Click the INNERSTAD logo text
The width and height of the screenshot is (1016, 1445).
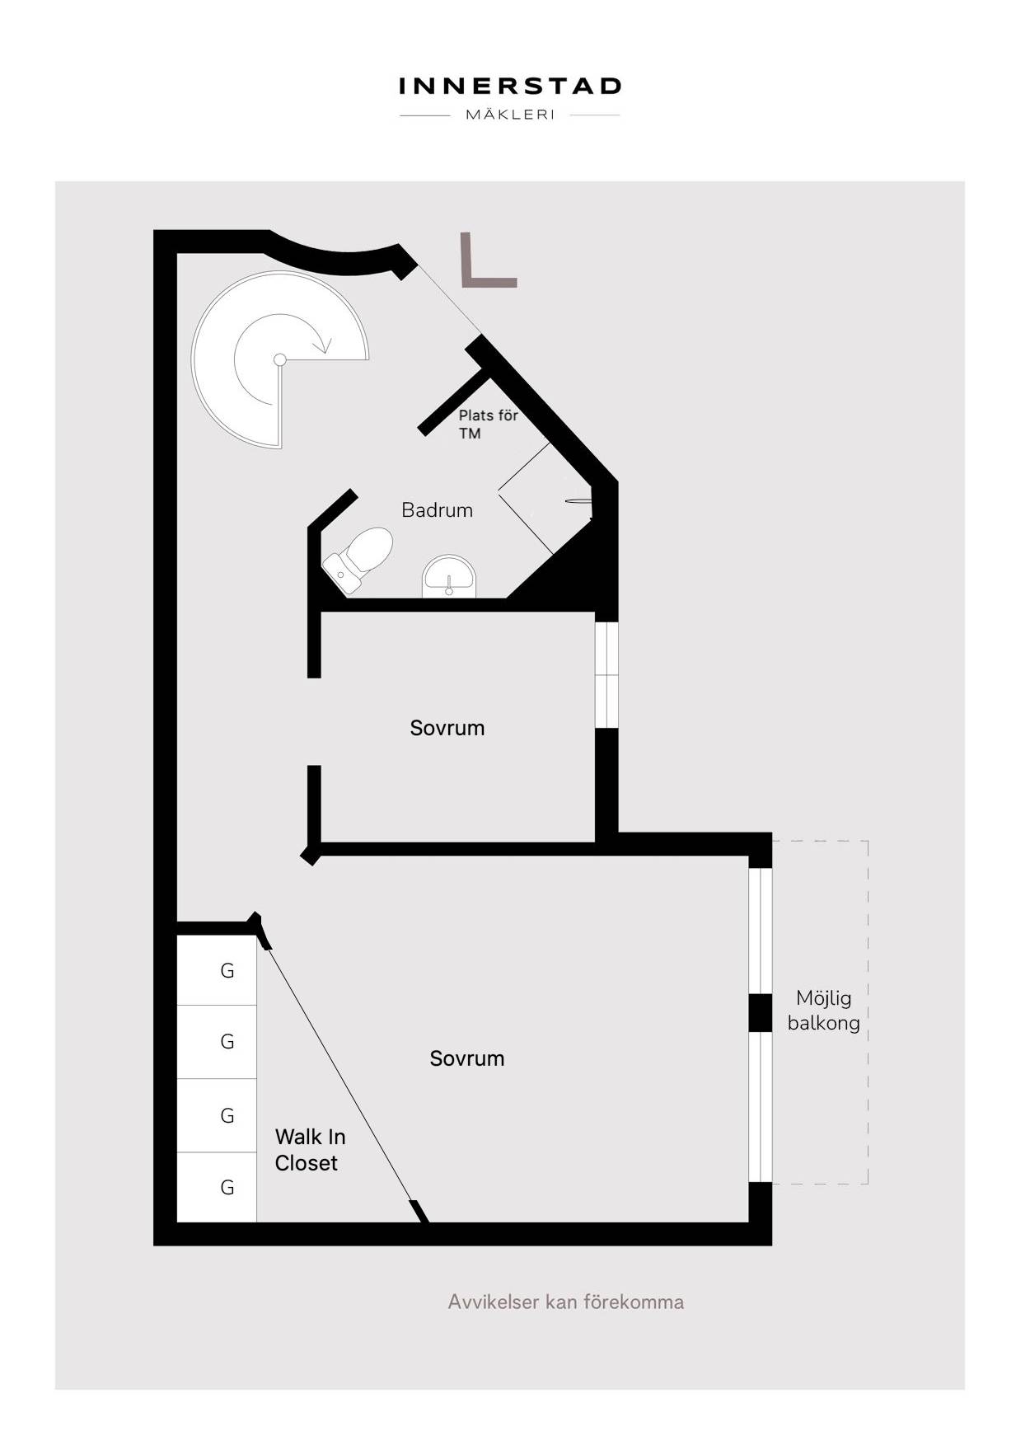tap(509, 87)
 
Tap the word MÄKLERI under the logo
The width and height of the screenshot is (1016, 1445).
tap(510, 115)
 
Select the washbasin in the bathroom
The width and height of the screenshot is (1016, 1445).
tap(449, 576)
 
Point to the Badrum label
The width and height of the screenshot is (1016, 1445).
tap(437, 510)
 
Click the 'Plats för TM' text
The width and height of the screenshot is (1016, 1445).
tap(488, 424)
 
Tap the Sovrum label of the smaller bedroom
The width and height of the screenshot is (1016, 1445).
tap(447, 728)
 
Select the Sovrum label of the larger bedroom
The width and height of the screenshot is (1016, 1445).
tap(467, 1058)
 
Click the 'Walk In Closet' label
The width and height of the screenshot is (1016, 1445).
tap(310, 1150)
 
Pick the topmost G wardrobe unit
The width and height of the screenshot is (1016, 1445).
tap(218, 970)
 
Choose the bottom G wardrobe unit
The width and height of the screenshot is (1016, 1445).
tap(218, 1187)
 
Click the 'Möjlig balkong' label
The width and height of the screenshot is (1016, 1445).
tap(823, 1011)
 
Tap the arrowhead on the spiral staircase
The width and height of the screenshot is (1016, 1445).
tap(324, 344)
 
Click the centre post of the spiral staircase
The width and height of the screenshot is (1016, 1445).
tap(280, 359)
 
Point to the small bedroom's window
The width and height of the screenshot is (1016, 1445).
tap(606, 675)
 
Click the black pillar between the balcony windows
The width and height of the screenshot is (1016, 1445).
tap(761, 1013)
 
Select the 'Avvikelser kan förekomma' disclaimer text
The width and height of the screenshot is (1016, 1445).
tap(566, 1302)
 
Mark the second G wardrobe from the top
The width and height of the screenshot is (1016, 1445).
tap(218, 1042)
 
